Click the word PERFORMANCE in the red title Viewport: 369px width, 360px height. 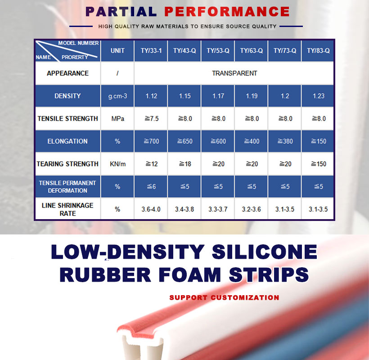point(227,12)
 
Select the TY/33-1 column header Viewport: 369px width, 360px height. point(151,50)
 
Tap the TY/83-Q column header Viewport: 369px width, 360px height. point(318,50)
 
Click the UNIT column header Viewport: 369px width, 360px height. point(117,50)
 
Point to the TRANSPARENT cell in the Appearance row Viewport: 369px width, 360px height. point(234,73)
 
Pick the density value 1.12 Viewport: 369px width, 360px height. point(151,96)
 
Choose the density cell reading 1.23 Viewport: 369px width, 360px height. point(319,96)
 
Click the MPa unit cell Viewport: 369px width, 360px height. point(117,119)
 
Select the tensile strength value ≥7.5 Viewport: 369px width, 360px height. point(152,119)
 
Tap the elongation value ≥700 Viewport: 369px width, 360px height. point(152,141)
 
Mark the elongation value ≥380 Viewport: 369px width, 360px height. point(285,141)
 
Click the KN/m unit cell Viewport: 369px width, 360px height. point(117,164)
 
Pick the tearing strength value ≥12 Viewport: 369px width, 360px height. point(152,164)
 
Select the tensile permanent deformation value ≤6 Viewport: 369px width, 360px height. point(151,187)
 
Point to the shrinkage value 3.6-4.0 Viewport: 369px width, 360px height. point(151,209)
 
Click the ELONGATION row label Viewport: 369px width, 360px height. point(67,141)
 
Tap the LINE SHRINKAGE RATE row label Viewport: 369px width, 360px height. point(67,209)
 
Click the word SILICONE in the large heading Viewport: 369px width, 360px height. point(265,252)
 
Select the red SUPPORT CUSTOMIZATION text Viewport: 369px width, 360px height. point(224,297)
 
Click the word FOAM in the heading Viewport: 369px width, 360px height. point(190,274)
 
